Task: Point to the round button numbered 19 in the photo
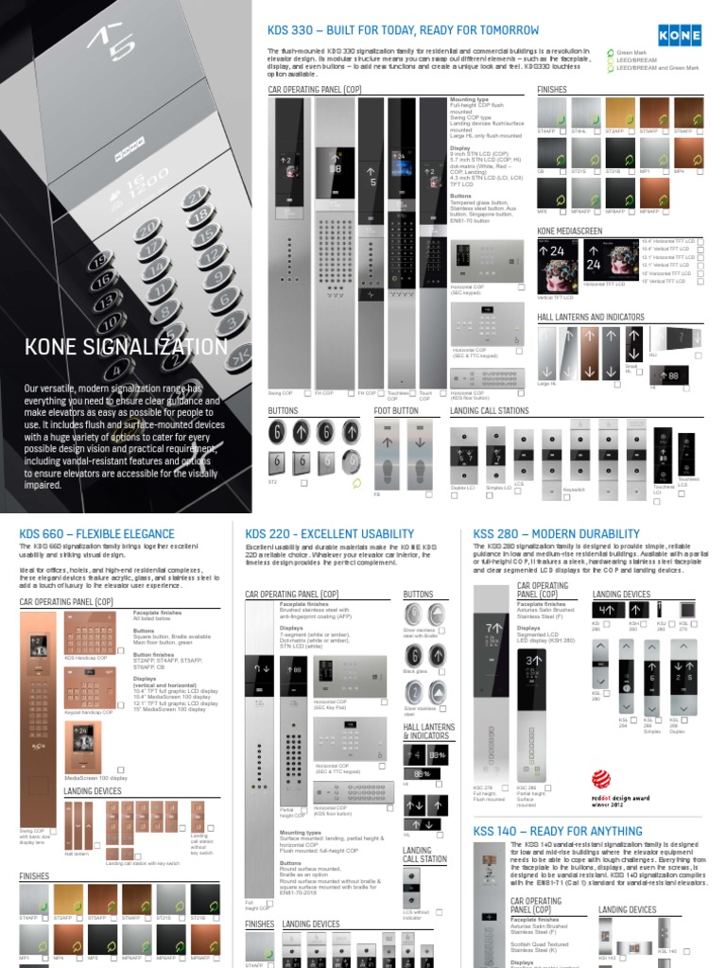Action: click(x=102, y=263)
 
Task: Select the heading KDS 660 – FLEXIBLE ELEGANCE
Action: click(x=97, y=534)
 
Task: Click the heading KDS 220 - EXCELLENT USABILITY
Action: click(x=330, y=534)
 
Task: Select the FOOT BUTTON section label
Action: click(x=396, y=411)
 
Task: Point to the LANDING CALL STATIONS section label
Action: click(x=490, y=411)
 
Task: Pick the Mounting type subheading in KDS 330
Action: click(x=470, y=99)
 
